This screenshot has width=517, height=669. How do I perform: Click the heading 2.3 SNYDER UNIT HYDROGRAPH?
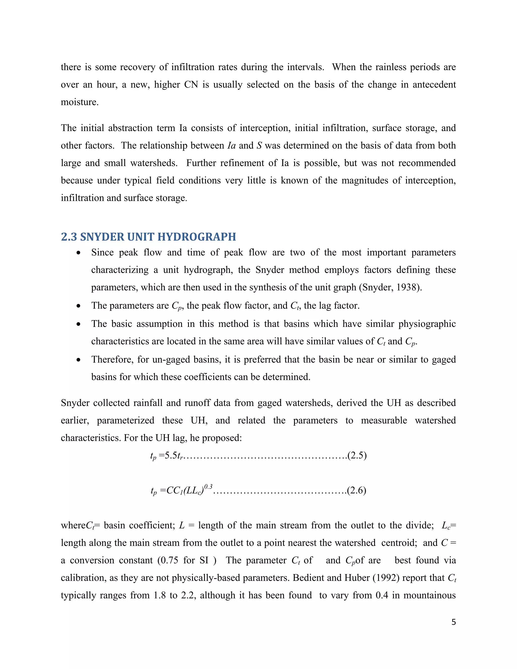(148, 237)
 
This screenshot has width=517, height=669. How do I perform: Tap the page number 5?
(454, 622)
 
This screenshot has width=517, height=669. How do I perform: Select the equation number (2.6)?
(356, 491)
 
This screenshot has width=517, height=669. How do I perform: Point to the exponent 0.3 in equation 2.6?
(208, 486)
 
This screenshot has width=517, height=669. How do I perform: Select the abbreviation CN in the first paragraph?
(191, 85)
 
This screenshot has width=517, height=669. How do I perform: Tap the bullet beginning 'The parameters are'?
(79, 306)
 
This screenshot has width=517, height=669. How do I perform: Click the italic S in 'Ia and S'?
(259, 145)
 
